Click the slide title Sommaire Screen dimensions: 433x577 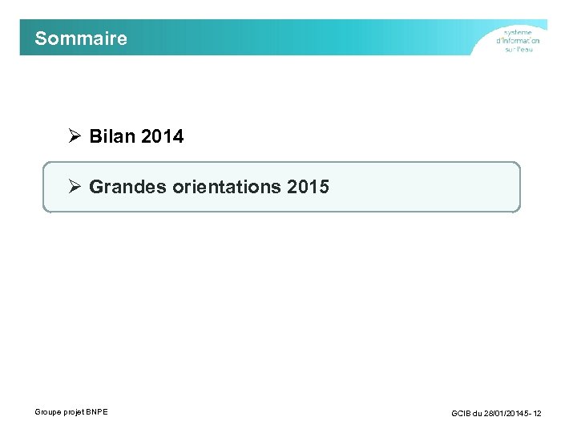point(81,38)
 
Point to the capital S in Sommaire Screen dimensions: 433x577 point(41,38)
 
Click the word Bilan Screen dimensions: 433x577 point(112,137)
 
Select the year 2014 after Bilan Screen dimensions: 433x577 point(162,137)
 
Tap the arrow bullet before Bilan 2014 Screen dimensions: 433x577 point(75,136)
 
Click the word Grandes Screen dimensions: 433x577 point(123,188)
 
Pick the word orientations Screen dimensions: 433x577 point(219,188)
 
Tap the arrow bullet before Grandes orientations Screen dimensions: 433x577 point(75,187)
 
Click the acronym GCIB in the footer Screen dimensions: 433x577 point(462,413)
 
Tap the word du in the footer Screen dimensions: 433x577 point(479,413)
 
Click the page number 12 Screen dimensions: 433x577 point(537,413)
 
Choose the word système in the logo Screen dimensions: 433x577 point(518,32)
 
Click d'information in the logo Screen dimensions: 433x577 point(518,41)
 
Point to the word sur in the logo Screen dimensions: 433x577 point(510,50)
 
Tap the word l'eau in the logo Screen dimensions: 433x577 point(525,50)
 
